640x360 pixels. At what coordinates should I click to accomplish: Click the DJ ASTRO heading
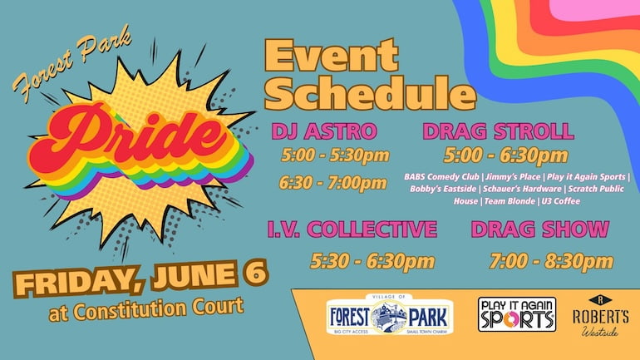coord(324,131)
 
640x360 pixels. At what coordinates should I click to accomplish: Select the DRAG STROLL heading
coord(499,131)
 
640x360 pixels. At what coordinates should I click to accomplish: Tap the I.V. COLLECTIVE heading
coord(352,229)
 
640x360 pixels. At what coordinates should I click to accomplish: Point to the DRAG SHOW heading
coord(540,229)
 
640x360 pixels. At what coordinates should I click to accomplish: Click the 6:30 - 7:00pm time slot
coord(333,183)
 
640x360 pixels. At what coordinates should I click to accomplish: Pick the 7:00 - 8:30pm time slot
coord(551,261)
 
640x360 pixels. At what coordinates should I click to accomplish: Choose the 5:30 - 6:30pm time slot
coord(372,261)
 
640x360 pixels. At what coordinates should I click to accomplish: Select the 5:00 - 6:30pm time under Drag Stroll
coord(505,155)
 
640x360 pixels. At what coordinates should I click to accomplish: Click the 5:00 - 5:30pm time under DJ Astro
coord(335,155)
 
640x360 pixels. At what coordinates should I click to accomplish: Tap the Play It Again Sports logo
coord(517,314)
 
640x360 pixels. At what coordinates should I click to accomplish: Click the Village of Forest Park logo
coord(389,314)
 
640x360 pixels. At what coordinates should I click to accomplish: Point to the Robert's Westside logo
coord(600,316)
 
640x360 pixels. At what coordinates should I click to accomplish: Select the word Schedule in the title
coord(370,93)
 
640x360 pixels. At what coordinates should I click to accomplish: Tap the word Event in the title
coord(332,56)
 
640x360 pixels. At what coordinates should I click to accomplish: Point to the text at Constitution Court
coord(146,309)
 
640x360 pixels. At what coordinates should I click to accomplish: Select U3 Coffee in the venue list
coord(561,201)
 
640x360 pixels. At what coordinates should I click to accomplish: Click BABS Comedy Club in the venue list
coord(441,177)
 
